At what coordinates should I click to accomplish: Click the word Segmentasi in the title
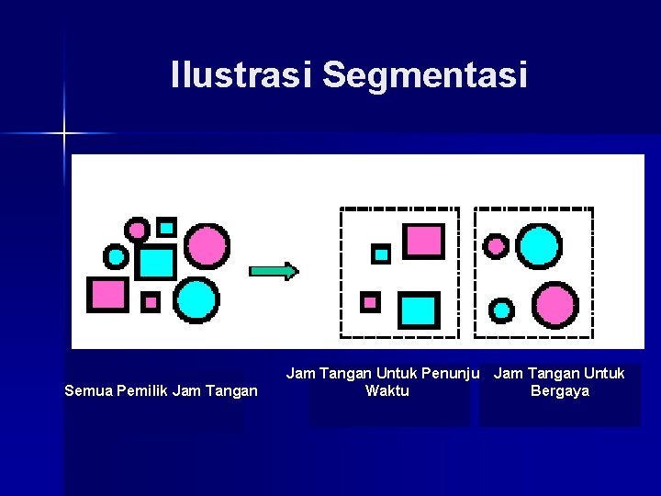click(x=424, y=75)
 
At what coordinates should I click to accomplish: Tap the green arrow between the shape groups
click(x=274, y=271)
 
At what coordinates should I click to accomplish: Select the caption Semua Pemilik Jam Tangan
click(x=161, y=391)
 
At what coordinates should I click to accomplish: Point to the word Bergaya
click(x=559, y=391)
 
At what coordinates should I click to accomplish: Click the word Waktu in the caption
click(x=387, y=391)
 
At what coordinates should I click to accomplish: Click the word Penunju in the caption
click(x=447, y=373)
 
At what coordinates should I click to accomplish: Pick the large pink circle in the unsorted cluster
click(x=207, y=246)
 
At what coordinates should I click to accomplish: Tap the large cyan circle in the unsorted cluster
click(x=196, y=299)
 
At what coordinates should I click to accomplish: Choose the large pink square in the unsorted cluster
click(x=107, y=294)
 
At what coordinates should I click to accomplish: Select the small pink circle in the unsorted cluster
click(x=137, y=228)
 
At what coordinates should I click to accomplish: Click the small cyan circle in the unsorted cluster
click(x=116, y=255)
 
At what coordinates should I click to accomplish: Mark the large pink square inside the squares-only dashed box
click(x=424, y=240)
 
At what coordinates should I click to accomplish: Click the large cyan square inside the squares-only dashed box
click(x=419, y=310)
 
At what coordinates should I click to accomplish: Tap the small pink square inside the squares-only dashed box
click(x=370, y=301)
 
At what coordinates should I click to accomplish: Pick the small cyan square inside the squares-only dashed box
click(x=381, y=254)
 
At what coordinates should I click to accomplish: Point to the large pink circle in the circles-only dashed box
click(x=555, y=303)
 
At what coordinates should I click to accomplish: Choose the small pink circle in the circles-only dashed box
click(x=496, y=246)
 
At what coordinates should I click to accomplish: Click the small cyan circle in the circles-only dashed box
click(x=500, y=310)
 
